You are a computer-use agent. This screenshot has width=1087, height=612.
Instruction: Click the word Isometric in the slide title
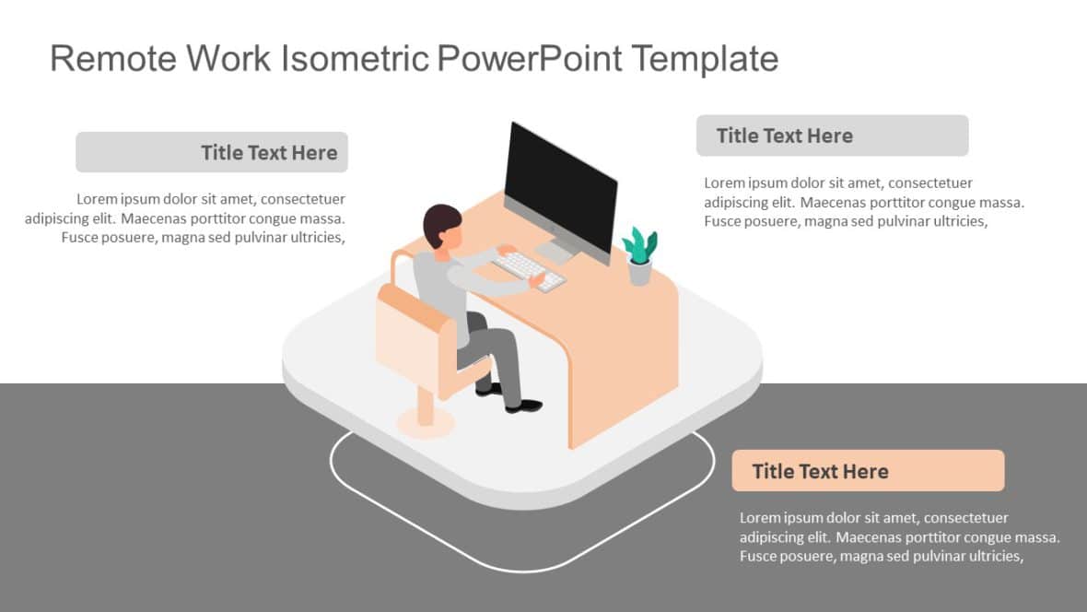click(x=354, y=59)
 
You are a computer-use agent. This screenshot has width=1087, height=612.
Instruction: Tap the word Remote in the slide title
click(x=111, y=59)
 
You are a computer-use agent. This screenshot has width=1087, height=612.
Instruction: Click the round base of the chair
click(x=426, y=423)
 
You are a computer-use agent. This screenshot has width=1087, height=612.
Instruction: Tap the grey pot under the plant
click(x=639, y=272)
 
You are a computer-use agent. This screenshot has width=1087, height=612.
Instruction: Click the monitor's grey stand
click(x=556, y=250)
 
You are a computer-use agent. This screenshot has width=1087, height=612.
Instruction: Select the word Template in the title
click(x=705, y=59)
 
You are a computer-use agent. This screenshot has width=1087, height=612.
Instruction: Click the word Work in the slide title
click(x=228, y=59)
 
